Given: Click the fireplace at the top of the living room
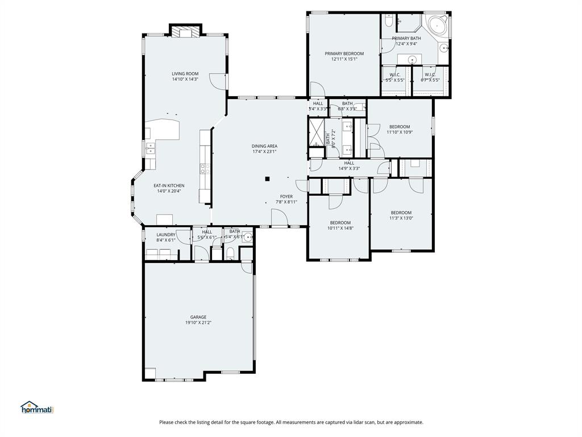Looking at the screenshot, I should (185, 32).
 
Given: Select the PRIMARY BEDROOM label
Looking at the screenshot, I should (344, 53).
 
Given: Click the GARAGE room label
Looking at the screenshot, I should (198, 317).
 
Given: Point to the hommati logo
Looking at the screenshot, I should (36, 407).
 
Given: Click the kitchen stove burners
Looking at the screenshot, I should (204, 168).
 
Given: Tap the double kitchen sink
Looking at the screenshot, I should (151, 149).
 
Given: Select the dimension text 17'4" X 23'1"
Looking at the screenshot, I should (264, 152).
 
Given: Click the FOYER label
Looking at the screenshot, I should (286, 196).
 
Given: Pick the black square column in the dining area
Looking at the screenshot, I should (267, 179).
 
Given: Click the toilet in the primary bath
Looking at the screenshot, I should (389, 21).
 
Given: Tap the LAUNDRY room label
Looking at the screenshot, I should (166, 234).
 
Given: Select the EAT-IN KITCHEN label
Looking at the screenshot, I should (169, 185).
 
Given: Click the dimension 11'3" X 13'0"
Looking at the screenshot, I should (401, 218).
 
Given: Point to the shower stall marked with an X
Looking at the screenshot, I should (315, 131).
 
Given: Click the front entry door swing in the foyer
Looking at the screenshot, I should (278, 217).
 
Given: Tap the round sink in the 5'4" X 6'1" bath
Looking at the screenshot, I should (246, 238).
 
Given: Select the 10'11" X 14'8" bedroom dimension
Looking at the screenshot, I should (340, 228).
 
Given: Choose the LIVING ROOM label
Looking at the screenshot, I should (185, 73).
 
